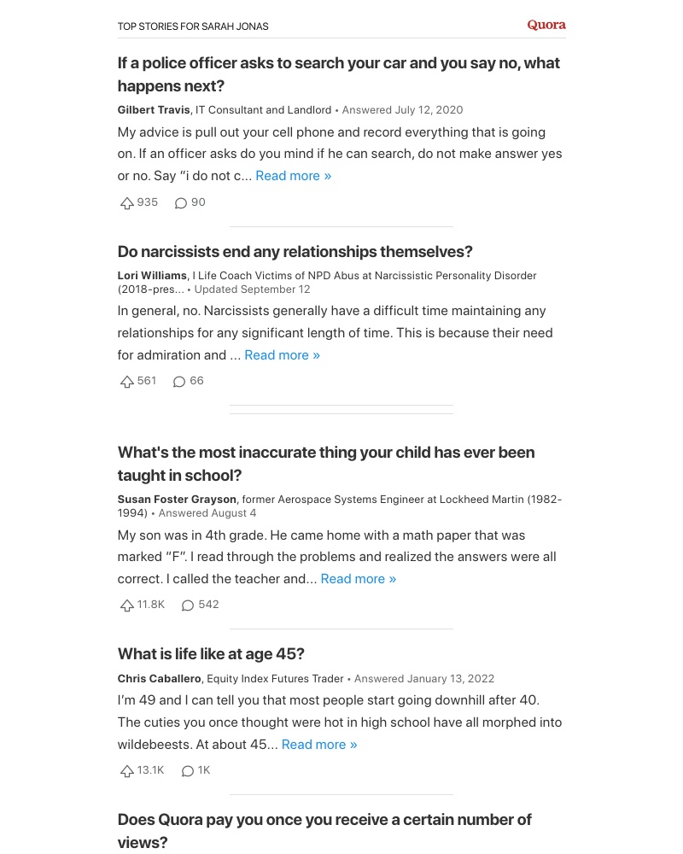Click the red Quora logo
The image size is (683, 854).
pos(546,25)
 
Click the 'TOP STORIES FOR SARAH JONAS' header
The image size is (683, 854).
pos(193,26)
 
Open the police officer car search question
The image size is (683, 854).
pos(338,74)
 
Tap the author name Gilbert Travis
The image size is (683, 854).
pos(154,110)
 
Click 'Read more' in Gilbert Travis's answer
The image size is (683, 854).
pos(293,176)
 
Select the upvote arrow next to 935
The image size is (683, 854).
pos(127,203)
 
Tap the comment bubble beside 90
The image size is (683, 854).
pos(180,203)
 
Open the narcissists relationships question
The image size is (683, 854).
pos(295,252)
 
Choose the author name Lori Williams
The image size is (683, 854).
pos(152,276)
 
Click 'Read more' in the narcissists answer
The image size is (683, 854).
pos(282,355)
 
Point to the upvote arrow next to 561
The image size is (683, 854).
pos(127,382)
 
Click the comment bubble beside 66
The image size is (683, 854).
pos(179,382)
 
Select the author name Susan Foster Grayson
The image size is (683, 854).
pos(178,500)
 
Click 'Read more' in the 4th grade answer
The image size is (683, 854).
pos(358,579)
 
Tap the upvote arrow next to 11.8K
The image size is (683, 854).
pos(127,605)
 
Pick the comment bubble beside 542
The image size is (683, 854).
pos(188,605)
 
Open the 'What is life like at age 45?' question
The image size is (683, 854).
pos(211,654)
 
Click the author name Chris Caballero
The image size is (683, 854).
pos(160,679)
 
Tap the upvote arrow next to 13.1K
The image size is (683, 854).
pos(127,771)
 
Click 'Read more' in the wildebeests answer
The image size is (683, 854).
pos(318,745)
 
